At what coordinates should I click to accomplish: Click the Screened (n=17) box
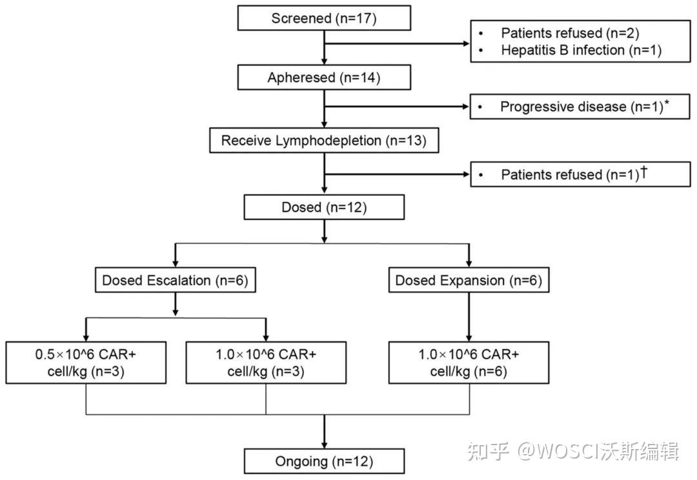point(323,18)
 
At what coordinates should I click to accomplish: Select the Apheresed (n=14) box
point(323,78)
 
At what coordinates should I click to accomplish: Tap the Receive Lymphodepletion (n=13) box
point(323,141)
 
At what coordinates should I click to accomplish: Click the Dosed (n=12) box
point(323,207)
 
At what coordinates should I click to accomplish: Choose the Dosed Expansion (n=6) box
point(469,281)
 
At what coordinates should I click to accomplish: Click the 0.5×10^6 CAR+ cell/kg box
point(86,363)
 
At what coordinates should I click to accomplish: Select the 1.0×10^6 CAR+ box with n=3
point(266,363)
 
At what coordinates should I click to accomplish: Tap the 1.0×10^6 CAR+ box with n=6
point(469,363)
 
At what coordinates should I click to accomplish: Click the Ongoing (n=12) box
point(323,461)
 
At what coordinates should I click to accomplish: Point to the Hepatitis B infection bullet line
point(581,50)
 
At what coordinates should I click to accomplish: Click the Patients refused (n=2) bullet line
point(570,33)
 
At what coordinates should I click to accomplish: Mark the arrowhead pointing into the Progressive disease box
point(465,107)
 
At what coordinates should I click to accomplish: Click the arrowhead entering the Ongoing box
point(323,445)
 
